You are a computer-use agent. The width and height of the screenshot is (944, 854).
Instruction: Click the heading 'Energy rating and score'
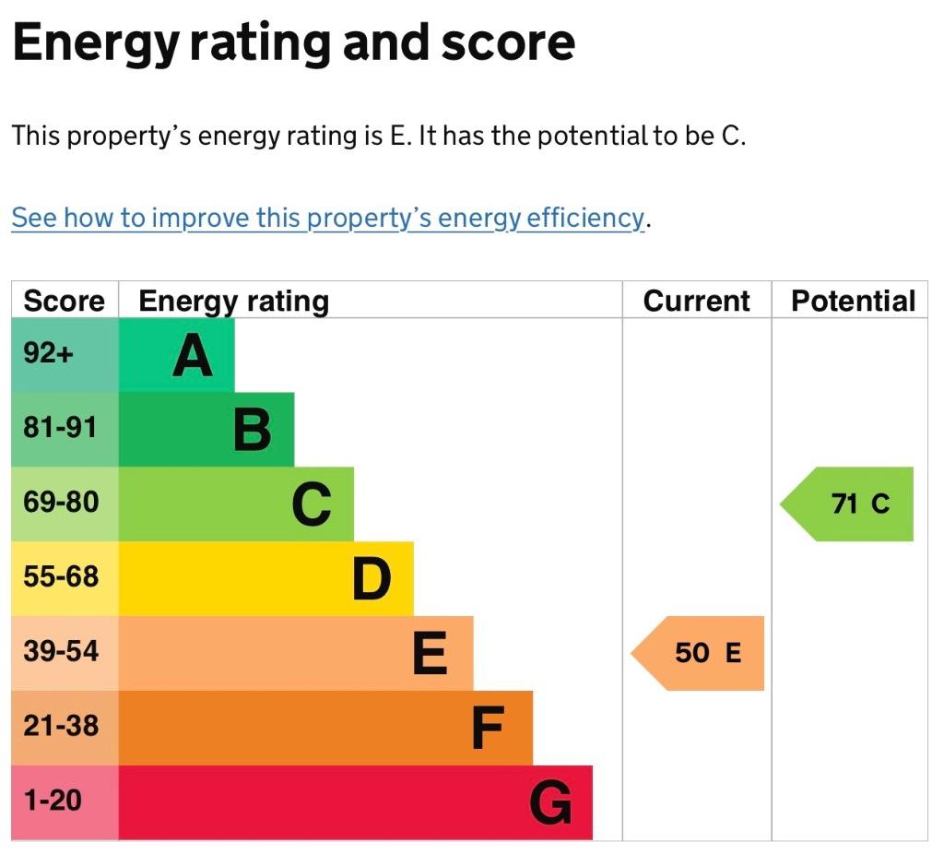tap(294, 43)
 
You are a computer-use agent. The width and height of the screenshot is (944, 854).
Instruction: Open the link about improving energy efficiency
tap(328, 218)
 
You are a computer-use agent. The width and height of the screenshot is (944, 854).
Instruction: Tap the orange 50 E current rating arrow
tap(697, 653)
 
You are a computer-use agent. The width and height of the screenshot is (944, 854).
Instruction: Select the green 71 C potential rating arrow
tap(846, 504)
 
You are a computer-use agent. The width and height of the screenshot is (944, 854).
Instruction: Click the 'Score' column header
tap(64, 301)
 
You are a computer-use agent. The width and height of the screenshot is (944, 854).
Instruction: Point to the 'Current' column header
tap(697, 301)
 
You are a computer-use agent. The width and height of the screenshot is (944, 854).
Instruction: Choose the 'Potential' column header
tap(853, 301)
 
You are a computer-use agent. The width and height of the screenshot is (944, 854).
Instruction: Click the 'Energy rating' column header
tap(233, 302)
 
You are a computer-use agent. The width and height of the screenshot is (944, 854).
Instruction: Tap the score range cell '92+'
tap(65, 355)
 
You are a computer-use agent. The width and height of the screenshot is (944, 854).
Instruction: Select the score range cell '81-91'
tap(65, 430)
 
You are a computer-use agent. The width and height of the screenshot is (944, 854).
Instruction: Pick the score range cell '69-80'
tap(65, 504)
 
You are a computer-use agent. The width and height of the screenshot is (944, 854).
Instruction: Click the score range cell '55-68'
tap(65, 579)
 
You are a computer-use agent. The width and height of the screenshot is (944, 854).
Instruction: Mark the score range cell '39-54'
tap(65, 654)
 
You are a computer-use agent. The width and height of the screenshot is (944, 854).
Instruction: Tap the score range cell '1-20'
tap(65, 802)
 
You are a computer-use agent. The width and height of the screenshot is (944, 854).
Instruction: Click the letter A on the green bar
tap(193, 355)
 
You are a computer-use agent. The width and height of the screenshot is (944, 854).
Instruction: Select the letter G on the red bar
tap(551, 802)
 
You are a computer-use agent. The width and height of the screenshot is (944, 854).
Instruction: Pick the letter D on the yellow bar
tap(372, 579)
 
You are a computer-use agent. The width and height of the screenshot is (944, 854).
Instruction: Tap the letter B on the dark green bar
tap(253, 430)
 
